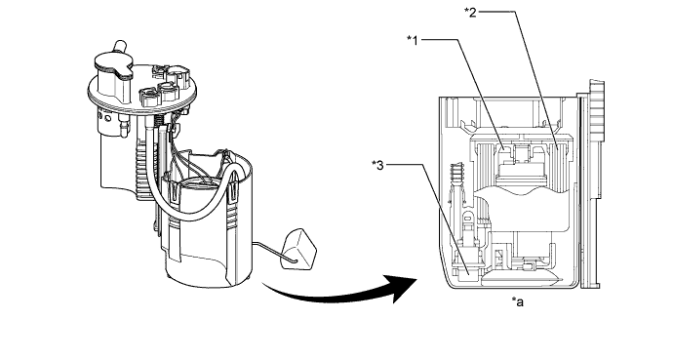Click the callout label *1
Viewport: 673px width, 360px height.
click(x=412, y=40)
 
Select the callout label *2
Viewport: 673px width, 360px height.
click(x=470, y=12)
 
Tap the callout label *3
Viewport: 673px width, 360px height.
click(x=377, y=165)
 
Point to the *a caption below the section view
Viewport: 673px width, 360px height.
click(x=517, y=302)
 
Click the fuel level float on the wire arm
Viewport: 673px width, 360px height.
click(x=298, y=249)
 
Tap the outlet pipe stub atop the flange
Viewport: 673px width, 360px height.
click(x=120, y=46)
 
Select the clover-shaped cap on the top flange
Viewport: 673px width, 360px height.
click(x=113, y=66)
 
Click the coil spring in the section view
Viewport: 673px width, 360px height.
click(x=458, y=173)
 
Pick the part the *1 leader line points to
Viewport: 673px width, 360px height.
click(x=502, y=149)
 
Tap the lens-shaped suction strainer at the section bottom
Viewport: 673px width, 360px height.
click(x=522, y=279)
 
